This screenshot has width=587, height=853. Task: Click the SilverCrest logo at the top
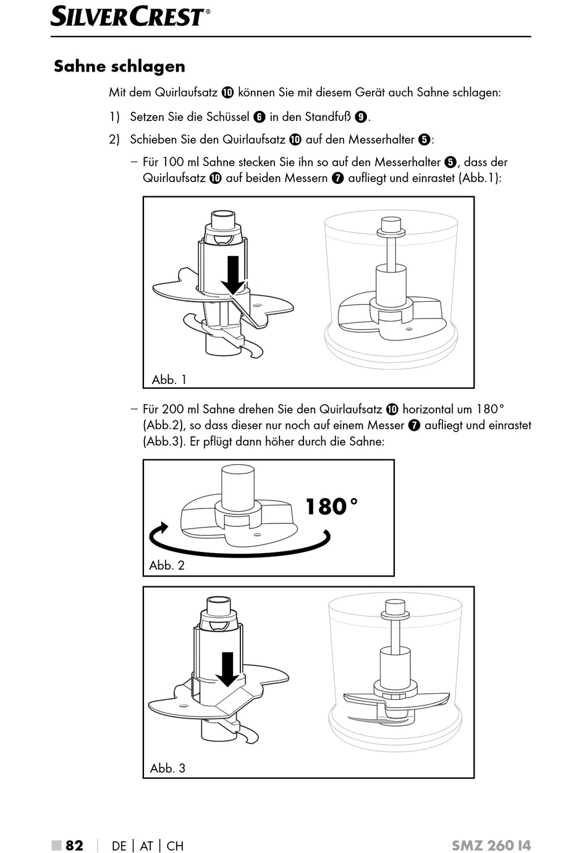coord(130,16)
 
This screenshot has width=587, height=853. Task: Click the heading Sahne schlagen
coord(119,66)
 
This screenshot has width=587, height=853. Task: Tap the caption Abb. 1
coord(169,380)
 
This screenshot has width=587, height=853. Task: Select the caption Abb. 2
coord(167,565)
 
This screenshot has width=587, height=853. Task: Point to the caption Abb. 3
coord(167,768)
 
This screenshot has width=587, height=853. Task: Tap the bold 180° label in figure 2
coord(331,507)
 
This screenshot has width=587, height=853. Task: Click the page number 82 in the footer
coord(74,845)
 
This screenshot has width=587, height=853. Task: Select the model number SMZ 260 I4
coord(491,845)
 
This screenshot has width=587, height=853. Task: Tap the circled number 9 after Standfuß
coord(361,117)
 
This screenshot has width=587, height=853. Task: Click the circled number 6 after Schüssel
coord(260,117)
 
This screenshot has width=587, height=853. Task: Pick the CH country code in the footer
coord(175,846)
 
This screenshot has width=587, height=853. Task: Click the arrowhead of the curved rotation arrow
coord(162,529)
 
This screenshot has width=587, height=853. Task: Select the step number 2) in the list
coord(114,139)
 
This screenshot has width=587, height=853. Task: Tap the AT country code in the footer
coord(146,846)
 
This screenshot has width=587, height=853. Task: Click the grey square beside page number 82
coord(56,845)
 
